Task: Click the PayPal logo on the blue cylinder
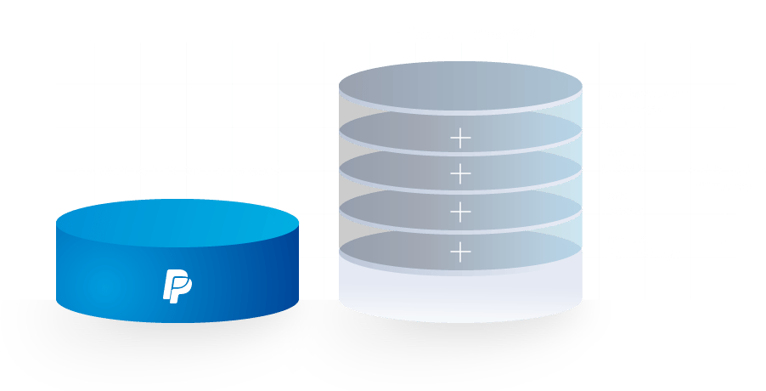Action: pos(177,285)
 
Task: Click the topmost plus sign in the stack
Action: pos(460,136)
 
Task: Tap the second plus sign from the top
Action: pos(460,173)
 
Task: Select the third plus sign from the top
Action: pos(460,210)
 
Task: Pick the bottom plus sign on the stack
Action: pos(460,251)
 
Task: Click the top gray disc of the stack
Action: pos(460,89)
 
